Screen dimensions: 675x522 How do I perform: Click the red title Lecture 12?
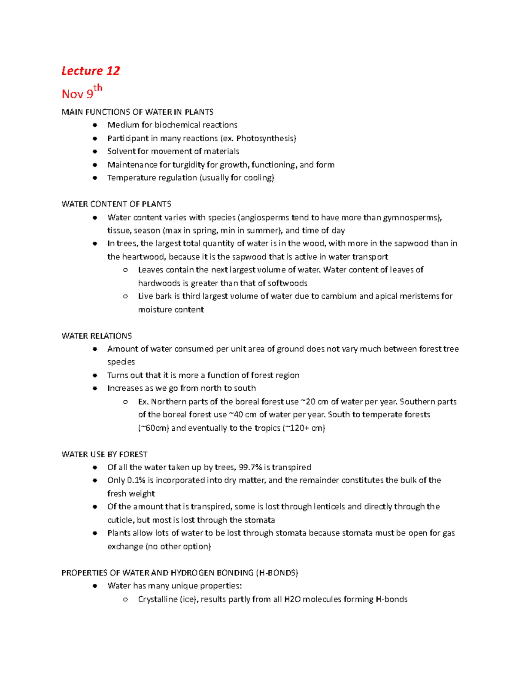click(90, 71)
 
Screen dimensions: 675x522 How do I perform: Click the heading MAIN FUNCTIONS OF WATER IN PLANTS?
click(137, 112)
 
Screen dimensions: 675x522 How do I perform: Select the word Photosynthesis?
click(265, 138)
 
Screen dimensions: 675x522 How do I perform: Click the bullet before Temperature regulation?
click(94, 178)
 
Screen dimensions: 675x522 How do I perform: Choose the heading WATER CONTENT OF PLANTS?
click(116, 204)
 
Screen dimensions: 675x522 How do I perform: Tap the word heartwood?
click(144, 257)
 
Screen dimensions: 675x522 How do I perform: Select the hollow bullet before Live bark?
click(125, 296)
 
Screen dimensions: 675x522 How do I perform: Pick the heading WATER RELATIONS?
click(97, 336)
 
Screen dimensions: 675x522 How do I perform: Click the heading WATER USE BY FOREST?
click(104, 454)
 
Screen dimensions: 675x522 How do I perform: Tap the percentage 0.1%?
click(136, 480)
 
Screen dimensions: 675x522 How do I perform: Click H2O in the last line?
click(292, 599)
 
